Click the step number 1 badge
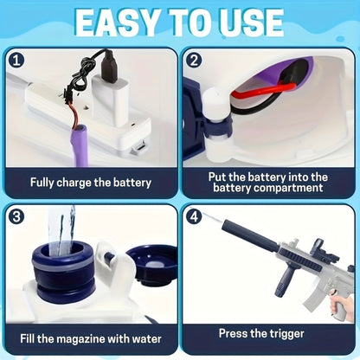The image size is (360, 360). coord(16,61)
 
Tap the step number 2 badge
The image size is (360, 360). coord(194,61)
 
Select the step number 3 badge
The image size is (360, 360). coord(16,216)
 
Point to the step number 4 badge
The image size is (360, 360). coord(194,216)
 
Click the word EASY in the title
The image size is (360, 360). coord(117,23)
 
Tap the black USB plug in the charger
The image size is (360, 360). coord(109,66)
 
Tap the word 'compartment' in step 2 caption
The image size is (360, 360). coord(288,188)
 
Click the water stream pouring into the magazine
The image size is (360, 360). coord(61,230)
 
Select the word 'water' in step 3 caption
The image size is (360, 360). coord(146,338)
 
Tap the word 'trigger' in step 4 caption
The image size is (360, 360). coord(286,334)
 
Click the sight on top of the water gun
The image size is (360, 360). coord(319,248)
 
